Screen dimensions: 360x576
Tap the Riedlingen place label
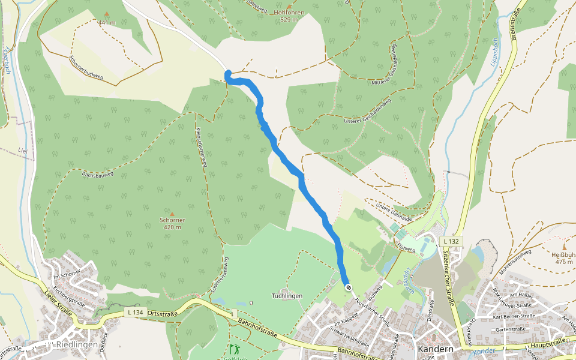[x=73, y=345]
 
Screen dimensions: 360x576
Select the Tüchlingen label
[x=286, y=296]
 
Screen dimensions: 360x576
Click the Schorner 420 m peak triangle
[x=172, y=214]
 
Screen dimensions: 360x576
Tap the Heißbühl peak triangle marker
[x=564, y=247]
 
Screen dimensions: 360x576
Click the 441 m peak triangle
[x=107, y=14]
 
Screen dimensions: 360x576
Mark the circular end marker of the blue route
[x=348, y=287]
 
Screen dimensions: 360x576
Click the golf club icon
[x=233, y=349]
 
